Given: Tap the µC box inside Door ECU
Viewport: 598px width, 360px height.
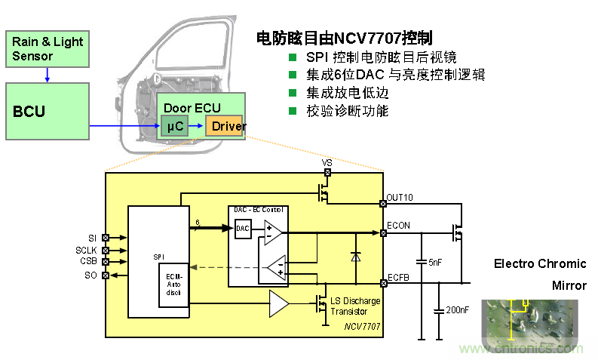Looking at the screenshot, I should click(x=175, y=126).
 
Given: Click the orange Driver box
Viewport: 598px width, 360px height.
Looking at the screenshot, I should click(x=228, y=126).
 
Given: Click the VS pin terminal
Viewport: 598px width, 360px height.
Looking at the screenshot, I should click(x=327, y=171).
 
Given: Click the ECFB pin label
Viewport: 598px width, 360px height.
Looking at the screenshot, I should click(x=398, y=276).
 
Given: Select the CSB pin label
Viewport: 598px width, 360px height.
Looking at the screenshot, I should click(x=89, y=262).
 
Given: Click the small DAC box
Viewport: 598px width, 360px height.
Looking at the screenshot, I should click(x=243, y=228).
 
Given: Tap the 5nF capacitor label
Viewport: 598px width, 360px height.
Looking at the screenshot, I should click(x=436, y=262).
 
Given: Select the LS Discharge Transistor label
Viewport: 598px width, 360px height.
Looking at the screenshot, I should click(x=355, y=306).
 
